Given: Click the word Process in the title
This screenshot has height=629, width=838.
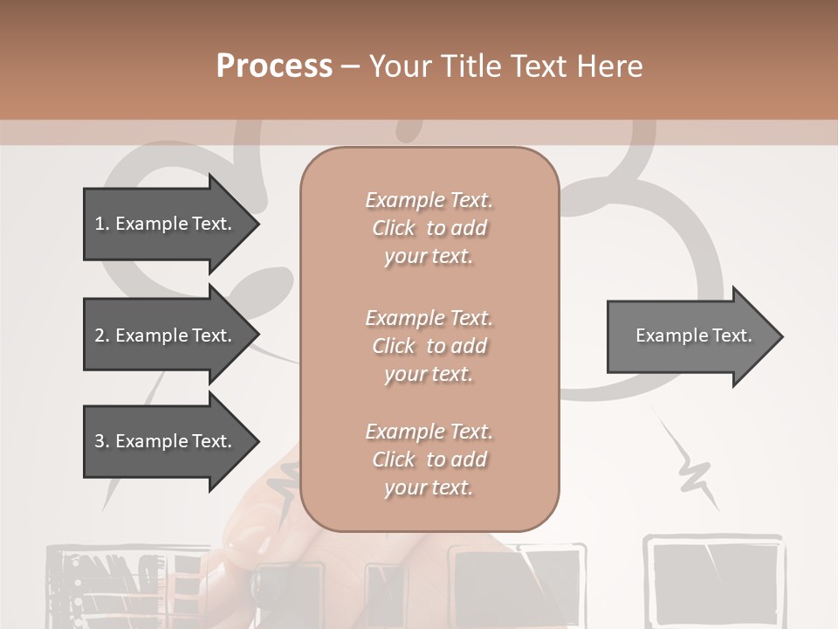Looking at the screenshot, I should click(x=274, y=66).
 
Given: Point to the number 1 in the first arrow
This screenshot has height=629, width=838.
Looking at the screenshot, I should click(x=100, y=224).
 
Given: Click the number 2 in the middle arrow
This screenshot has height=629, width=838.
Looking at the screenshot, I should click(x=100, y=335).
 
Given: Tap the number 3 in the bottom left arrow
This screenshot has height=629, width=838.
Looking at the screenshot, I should click(x=100, y=441).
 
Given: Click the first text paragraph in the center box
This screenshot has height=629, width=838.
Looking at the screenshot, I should click(x=429, y=228).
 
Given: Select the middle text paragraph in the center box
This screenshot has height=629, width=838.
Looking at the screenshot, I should click(x=429, y=346).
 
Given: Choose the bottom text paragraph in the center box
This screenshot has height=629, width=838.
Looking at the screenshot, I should click(x=429, y=460).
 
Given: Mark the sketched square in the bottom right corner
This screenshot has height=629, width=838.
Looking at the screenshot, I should click(x=714, y=577).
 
